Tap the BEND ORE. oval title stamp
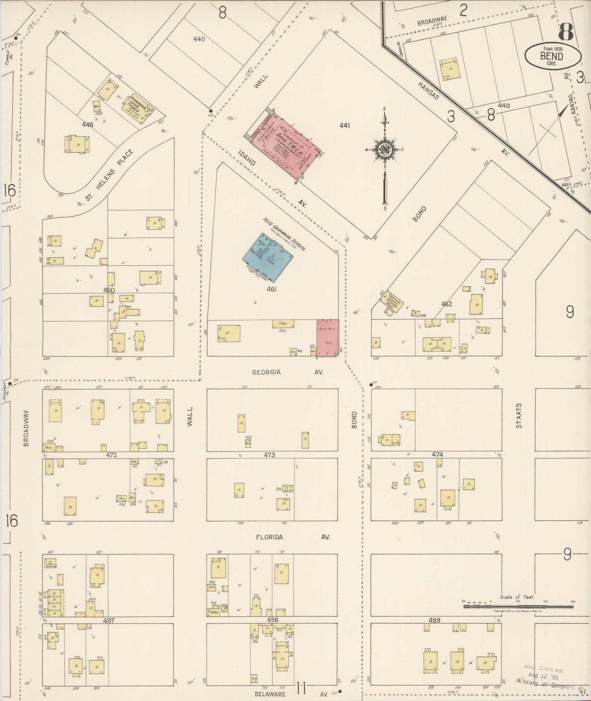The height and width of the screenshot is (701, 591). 552,56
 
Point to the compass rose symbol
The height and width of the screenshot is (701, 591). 385,149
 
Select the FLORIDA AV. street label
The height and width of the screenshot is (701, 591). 293,537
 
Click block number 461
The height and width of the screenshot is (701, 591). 272,290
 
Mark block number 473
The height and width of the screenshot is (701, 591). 269,455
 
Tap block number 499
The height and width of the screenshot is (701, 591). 434,620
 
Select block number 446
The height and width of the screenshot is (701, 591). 88,124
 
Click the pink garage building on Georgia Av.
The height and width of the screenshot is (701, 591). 328,338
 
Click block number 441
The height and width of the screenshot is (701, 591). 344,126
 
